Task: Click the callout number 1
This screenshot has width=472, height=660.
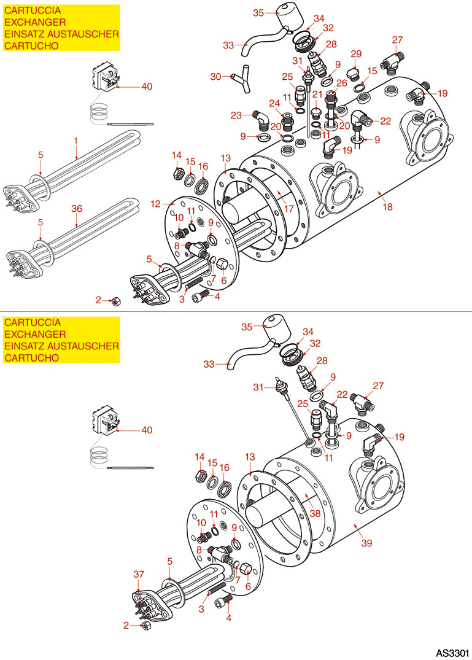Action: (x=76, y=141)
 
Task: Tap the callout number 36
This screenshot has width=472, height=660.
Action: (x=76, y=208)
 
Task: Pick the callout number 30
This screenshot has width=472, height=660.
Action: (x=215, y=77)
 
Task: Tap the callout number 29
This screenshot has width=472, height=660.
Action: (x=356, y=55)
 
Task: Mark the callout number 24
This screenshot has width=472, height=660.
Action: (x=273, y=103)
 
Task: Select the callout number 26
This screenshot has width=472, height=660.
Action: (x=342, y=83)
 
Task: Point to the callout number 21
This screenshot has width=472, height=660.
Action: (x=317, y=94)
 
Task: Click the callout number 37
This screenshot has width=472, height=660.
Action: (x=139, y=573)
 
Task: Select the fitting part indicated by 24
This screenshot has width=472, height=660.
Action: (x=287, y=118)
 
